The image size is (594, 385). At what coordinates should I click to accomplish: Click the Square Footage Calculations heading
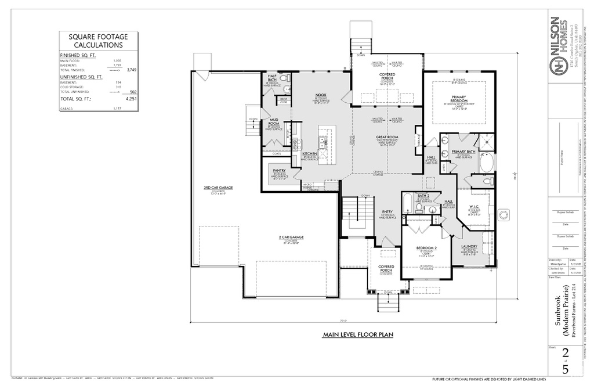point(98,41)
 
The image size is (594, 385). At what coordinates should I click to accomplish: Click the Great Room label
point(386,138)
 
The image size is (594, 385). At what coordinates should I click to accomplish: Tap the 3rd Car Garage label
point(218,188)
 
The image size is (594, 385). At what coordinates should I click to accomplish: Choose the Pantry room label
point(279,171)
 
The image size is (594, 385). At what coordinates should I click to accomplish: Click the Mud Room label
point(274,121)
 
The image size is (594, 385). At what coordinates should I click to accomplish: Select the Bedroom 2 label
point(426,248)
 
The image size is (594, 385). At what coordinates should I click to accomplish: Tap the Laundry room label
point(469,246)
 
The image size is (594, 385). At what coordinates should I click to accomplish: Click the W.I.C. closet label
point(473,206)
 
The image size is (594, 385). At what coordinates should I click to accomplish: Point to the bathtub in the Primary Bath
point(487,162)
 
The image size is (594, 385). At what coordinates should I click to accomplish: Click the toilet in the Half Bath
point(284,78)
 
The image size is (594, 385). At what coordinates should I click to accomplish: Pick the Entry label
point(387,212)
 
